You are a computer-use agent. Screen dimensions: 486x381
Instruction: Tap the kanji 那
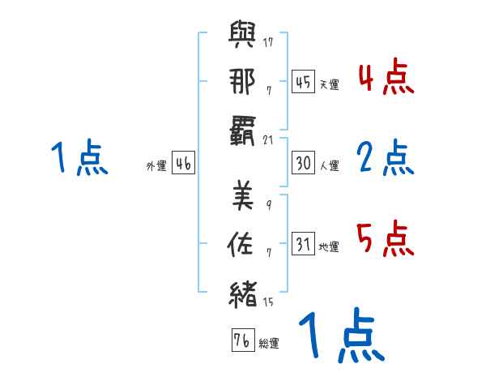point(243,83)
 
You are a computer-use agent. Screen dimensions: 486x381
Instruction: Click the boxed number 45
point(303,82)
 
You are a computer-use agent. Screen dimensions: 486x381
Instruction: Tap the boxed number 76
point(242,341)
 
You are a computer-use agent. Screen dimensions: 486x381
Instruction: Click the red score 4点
point(386,78)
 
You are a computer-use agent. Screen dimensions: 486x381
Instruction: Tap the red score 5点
point(386,238)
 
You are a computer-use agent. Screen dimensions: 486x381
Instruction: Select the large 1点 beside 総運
point(339,336)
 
